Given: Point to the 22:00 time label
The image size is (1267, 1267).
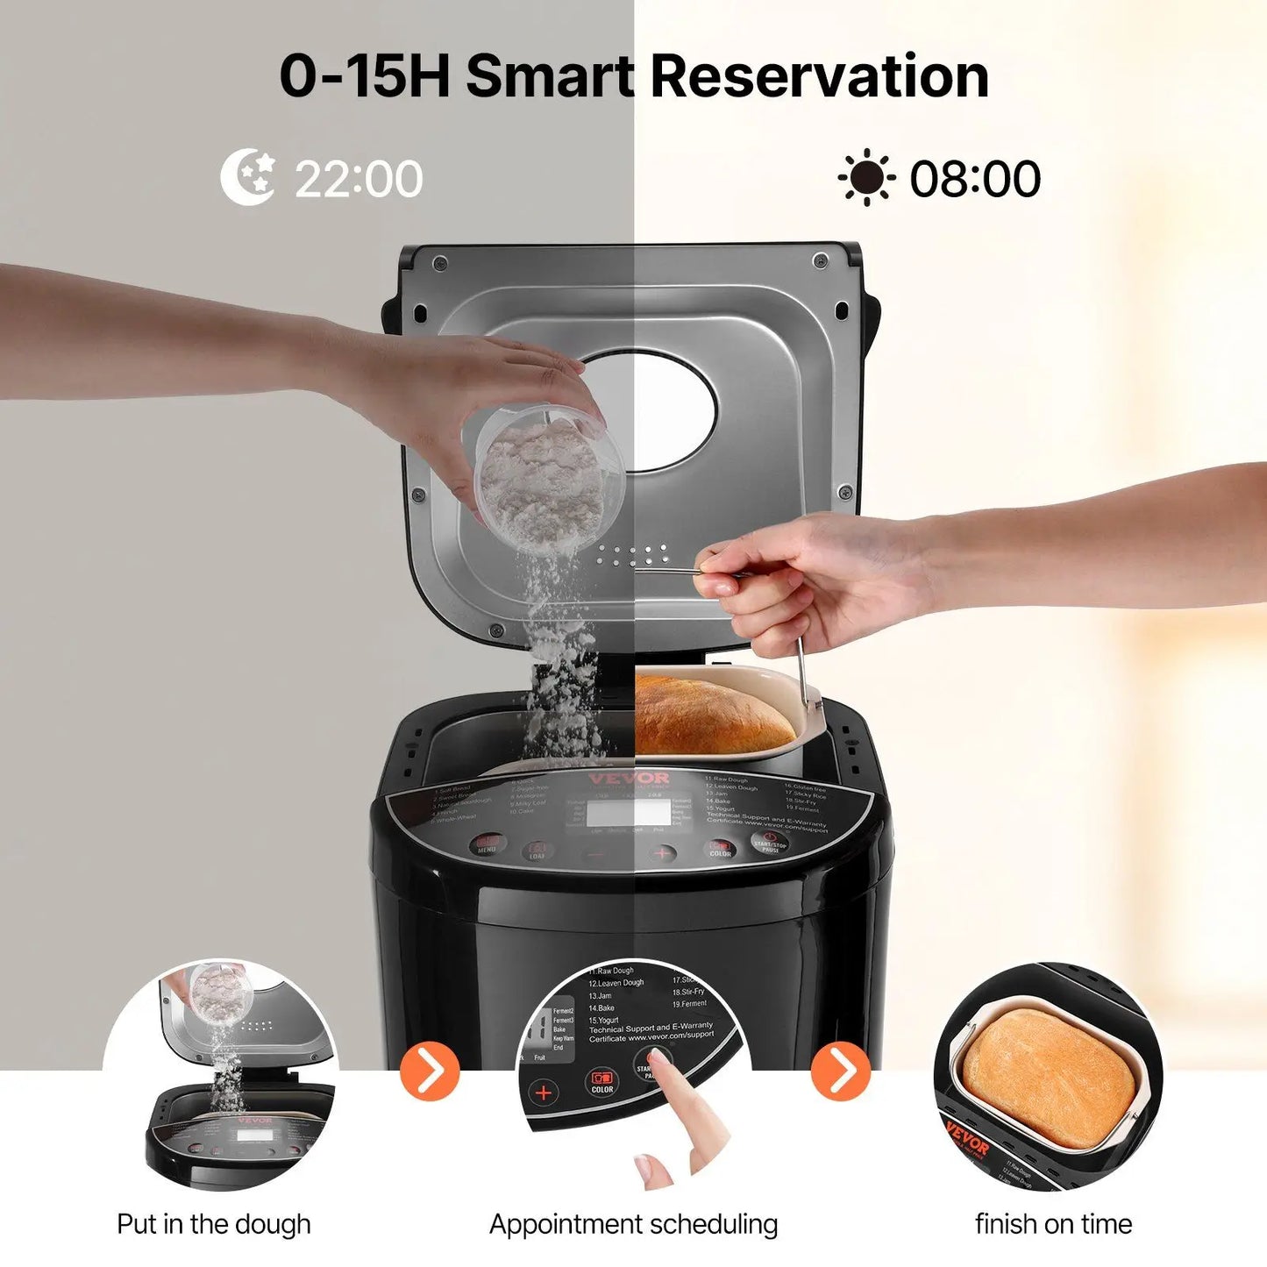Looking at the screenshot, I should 358,179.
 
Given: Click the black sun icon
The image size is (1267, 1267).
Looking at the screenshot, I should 866,178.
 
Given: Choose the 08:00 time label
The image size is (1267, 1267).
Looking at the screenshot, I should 975,179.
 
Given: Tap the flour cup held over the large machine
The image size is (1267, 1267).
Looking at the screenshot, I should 548,476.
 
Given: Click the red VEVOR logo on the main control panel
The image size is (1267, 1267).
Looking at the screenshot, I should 640,779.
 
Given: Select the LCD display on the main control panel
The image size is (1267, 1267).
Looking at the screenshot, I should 630,813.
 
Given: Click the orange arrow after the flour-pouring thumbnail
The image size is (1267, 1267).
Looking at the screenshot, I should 430,1071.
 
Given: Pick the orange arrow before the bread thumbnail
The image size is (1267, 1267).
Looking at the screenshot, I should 841,1071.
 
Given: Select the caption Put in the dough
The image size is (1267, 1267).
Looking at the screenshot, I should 214,1224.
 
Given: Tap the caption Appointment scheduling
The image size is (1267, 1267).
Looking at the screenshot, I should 633,1224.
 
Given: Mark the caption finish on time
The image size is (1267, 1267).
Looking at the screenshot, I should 1053,1224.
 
